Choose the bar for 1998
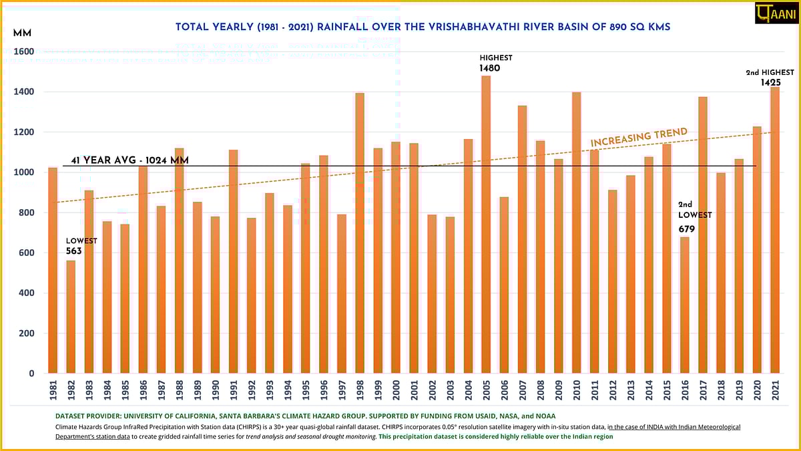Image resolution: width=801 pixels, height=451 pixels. [360, 233]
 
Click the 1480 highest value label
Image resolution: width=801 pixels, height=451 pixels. [489, 68]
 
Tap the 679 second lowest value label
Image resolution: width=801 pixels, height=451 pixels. [688, 229]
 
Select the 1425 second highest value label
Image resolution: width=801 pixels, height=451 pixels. [770, 82]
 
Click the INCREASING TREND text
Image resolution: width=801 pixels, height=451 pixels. [639, 137]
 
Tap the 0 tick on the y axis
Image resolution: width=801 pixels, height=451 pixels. [31, 373]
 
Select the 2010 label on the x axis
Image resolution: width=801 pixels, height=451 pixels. [576, 389]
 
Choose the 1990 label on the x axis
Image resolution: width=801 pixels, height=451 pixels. [216, 389]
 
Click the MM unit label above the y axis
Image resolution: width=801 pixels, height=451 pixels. [22, 33]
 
